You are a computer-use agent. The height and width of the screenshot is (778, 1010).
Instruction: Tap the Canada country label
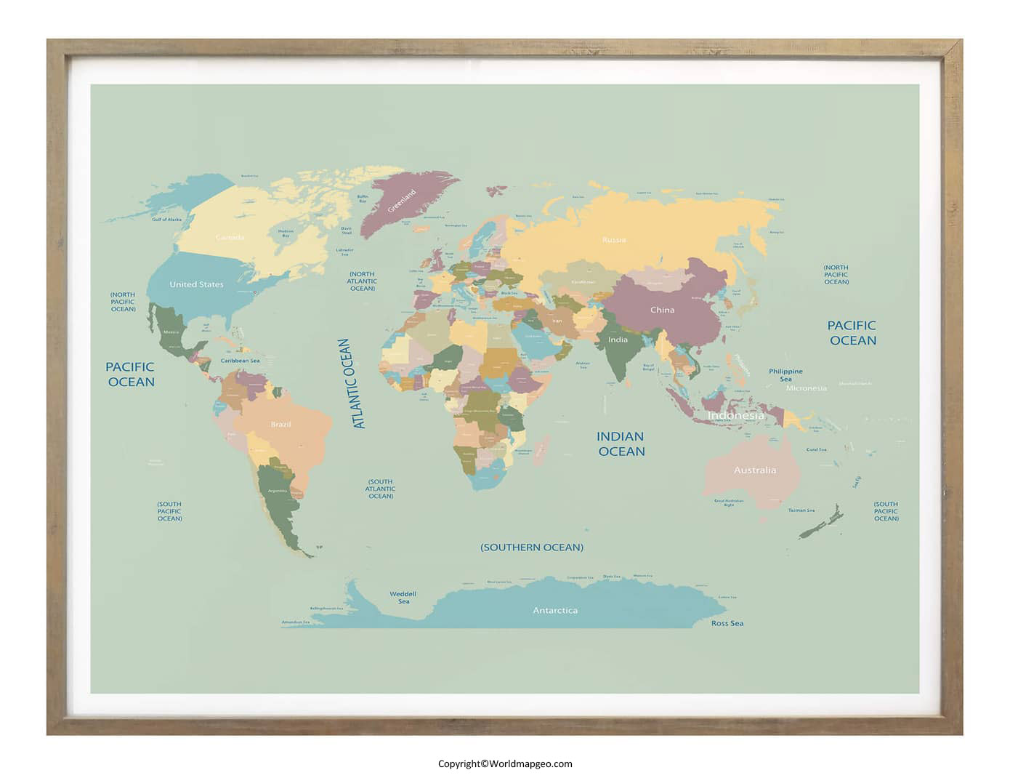[x=230, y=237]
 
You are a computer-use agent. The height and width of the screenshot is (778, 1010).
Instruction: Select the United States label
[x=196, y=284]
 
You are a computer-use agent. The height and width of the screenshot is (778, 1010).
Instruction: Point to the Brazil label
[x=280, y=424]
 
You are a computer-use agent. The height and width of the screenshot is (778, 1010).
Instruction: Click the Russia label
[x=614, y=239]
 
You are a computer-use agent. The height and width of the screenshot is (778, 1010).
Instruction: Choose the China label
[x=662, y=310]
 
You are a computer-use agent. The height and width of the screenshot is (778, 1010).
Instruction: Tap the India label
[x=618, y=340]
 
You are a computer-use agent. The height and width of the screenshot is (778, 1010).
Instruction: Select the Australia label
[x=754, y=470]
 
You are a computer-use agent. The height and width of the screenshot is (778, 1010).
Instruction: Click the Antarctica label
[x=555, y=611]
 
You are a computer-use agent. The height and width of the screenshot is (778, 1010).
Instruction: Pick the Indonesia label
[x=735, y=416]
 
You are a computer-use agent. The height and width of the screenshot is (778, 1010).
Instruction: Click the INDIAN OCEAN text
[x=621, y=444]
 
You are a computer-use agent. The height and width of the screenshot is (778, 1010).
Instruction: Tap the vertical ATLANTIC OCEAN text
[x=352, y=383]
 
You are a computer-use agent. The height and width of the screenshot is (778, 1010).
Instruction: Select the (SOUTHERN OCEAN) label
[x=532, y=548]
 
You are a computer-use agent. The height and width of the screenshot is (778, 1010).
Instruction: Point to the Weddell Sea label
[x=403, y=598]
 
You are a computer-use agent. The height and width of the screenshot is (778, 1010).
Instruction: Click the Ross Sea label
[x=727, y=623]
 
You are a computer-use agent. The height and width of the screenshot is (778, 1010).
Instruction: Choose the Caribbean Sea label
[x=241, y=361]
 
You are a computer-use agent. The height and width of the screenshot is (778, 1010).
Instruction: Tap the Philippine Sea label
[x=785, y=375]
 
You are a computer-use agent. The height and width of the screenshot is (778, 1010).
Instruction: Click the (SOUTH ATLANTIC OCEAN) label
[x=380, y=489]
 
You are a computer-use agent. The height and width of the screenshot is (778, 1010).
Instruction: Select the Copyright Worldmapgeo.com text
[x=505, y=763]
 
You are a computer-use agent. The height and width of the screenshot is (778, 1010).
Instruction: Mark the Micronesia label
[x=806, y=388]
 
